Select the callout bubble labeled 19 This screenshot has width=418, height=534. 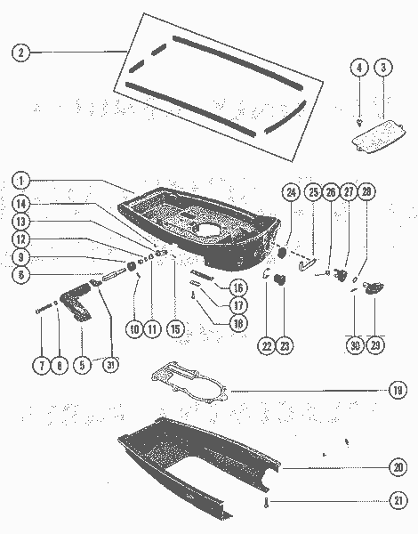click(x=398, y=389)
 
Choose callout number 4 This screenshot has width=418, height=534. click(x=358, y=68)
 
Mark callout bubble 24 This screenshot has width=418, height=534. click(x=291, y=191)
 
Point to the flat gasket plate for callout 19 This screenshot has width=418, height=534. click(x=187, y=378)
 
